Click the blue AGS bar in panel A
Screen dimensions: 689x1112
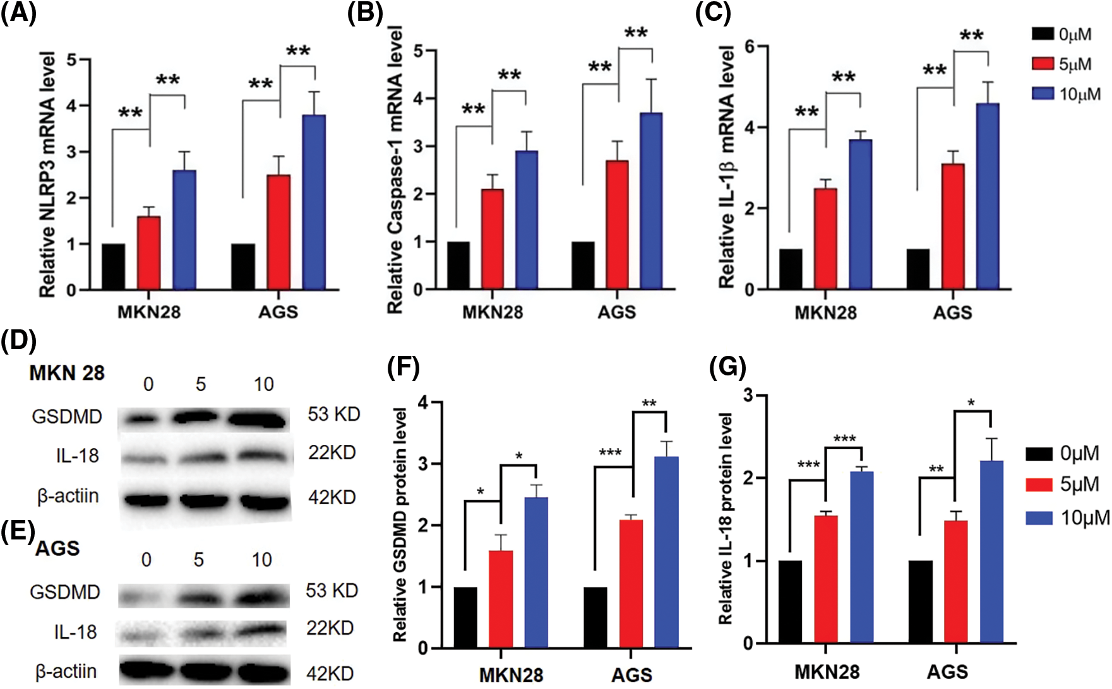(x=314, y=202)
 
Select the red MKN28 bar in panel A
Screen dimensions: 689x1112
(x=148, y=253)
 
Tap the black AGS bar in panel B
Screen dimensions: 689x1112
(x=583, y=266)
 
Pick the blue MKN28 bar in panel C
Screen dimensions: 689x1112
(x=860, y=215)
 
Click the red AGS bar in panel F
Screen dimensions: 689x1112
(x=631, y=584)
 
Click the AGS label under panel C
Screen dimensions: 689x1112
(x=952, y=312)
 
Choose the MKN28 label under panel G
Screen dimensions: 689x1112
(x=826, y=671)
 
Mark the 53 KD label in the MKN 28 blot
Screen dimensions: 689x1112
(x=333, y=415)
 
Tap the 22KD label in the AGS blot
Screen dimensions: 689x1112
(x=330, y=628)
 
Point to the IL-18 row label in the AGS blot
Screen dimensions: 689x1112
(x=75, y=632)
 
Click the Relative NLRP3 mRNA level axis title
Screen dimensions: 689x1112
(x=47, y=175)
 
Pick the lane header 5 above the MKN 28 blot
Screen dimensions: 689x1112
(x=201, y=384)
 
